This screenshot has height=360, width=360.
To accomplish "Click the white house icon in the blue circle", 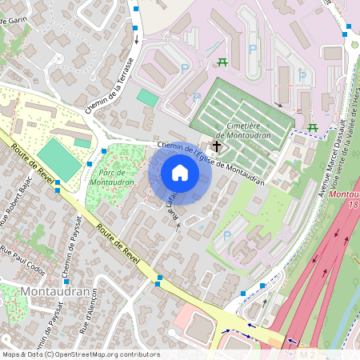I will (x=180, y=173).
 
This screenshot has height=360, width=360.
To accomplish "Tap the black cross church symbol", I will (x=216, y=147).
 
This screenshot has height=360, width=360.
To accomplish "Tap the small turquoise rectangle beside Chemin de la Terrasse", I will (x=148, y=98).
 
